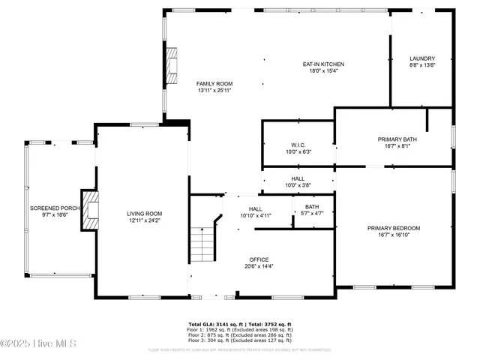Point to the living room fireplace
click(91, 209)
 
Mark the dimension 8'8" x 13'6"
click(422, 65)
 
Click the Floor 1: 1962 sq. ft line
click(240, 329)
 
